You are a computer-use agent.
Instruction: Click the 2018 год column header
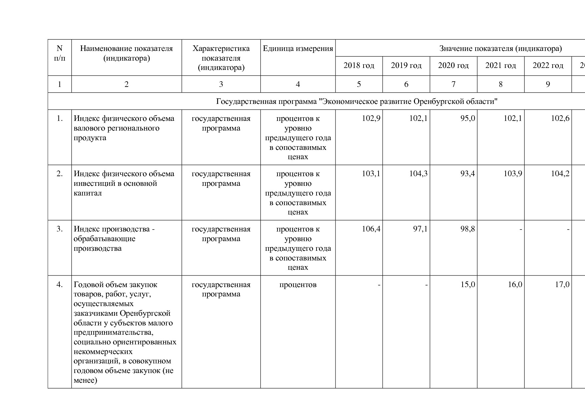pos(359,65)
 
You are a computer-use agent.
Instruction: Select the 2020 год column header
pos(453,65)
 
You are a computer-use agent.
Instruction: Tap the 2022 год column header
pos(548,65)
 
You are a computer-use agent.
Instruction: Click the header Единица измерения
pos(298,49)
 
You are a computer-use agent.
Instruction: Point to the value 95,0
pos(468,118)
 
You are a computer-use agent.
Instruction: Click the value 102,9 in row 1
pos(371,118)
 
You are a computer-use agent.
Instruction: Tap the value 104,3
pos(418,174)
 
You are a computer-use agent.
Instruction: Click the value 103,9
pos(513,174)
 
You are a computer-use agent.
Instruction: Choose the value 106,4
pos(371,229)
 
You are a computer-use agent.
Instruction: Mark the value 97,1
pos(420,229)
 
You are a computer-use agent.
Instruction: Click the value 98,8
pos(468,229)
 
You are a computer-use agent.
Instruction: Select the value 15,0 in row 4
pos(468,284)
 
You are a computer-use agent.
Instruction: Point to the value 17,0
pos(562,284)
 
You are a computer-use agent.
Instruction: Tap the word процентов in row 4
pos(298,285)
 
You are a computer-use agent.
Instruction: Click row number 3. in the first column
pos(60,229)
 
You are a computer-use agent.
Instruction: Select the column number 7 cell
pos(453,84)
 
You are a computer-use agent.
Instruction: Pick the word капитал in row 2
pos(88,193)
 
